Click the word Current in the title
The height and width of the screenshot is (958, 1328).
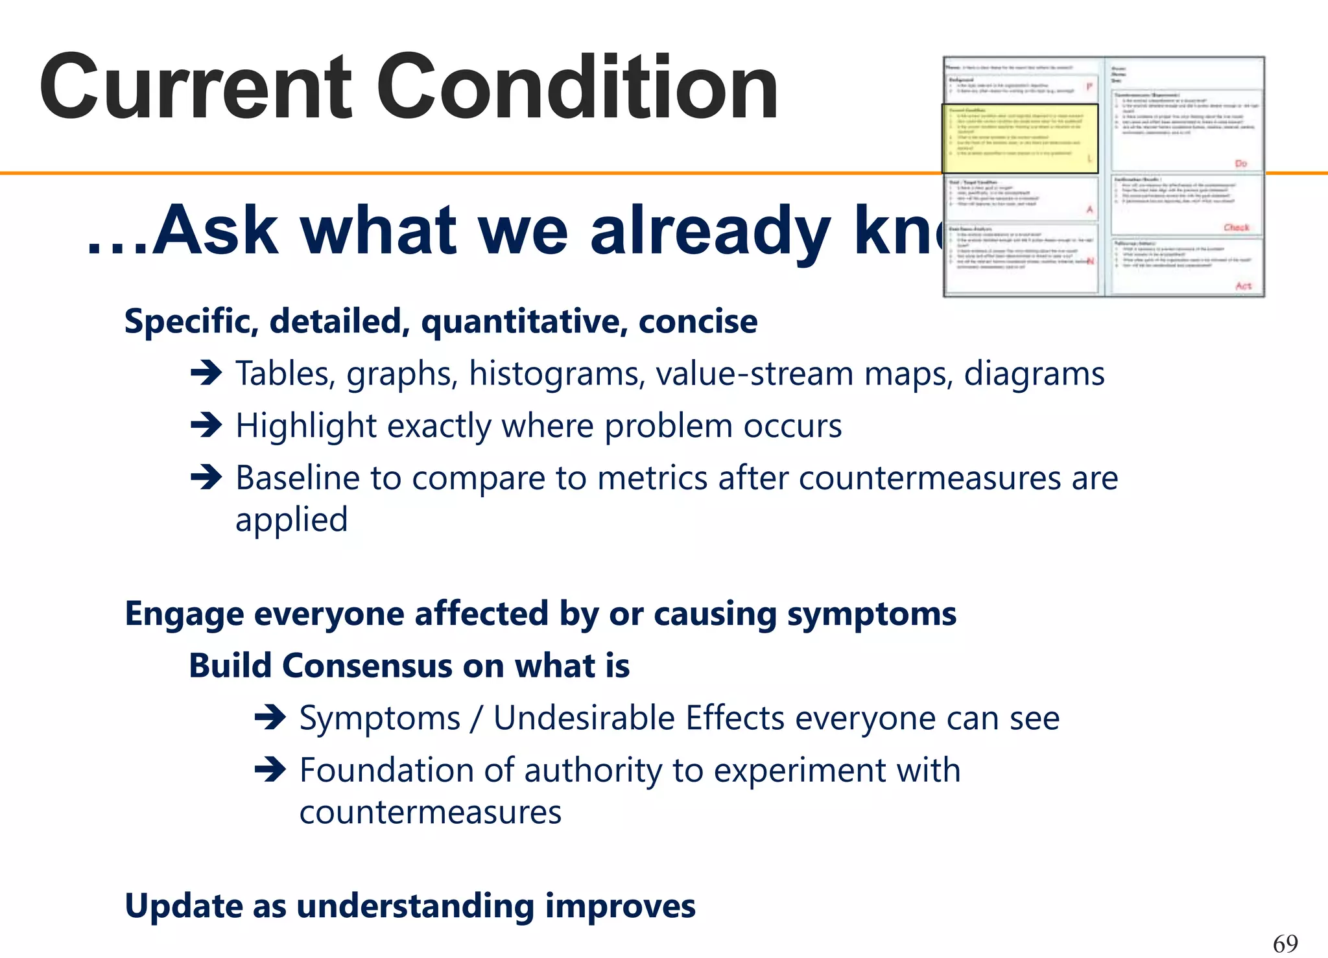click(x=195, y=88)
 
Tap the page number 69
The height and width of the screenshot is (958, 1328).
click(x=1285, y=943)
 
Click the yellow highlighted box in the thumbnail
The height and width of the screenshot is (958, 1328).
click(x=1019, y=139)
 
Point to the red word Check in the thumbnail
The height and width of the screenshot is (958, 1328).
click(x=1236, y=228)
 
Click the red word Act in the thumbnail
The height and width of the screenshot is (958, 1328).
click(x=1243, y=286)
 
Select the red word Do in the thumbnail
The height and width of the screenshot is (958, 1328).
click(x=1240, y=163)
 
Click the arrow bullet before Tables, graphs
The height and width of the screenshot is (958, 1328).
click(x=207, y=373)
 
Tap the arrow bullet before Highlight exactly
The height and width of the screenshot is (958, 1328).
click(x=207, y=426)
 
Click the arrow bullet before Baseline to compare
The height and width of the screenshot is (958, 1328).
click(x=207, y=478)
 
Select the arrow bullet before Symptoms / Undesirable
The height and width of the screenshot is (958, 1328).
click(x=270, y=718)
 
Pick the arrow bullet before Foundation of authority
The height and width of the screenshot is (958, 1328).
click(x=270, y=771)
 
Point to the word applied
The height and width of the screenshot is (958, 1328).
click(x=291, y=520)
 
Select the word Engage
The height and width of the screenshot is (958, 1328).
click(x=184, y=614)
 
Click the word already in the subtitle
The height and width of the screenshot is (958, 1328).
click(x=709, y=231)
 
